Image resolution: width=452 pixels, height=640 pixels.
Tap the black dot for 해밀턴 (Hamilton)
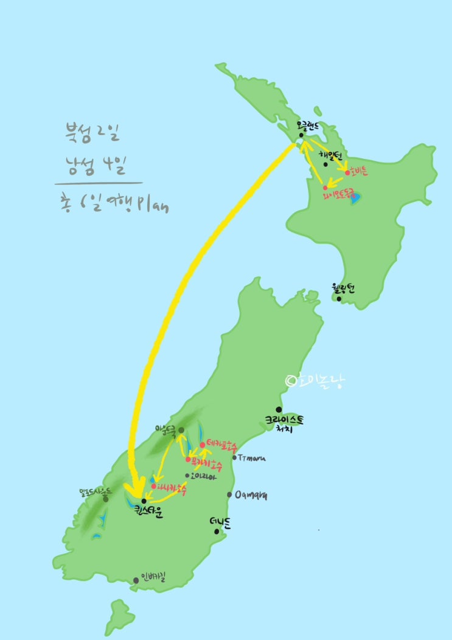tap(326, 164)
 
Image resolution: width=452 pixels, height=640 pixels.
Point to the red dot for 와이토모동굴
tap(325, 187)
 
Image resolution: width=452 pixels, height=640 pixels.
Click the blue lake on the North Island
tap(355, 197)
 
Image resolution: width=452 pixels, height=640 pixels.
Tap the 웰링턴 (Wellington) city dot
tap(339, 299)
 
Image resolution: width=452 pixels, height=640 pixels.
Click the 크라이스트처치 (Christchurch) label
tap(283, 424)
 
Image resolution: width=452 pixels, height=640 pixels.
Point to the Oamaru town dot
tap(229, 495)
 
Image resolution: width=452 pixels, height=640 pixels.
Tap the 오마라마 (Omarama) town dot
tap(187, 476)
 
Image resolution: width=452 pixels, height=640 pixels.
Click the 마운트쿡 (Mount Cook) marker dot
tap(181, 431)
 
